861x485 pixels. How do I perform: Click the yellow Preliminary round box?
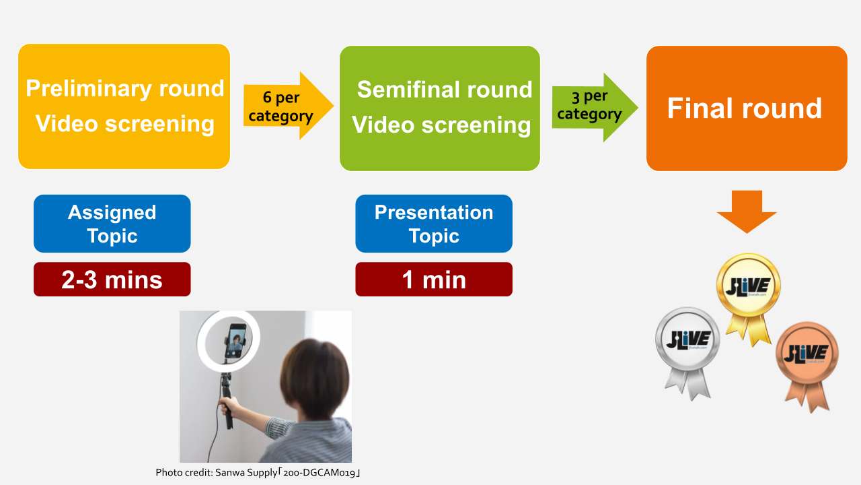(124, 106)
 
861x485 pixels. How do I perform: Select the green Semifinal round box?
(440, 108)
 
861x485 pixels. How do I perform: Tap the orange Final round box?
(747, 108)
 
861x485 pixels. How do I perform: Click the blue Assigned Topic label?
(112, 224)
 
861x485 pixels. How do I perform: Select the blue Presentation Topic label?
(434, 224)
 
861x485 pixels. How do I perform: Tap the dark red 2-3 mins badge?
(112, 280)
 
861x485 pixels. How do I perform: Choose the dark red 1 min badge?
(434, 280)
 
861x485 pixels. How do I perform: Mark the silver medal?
(687, 342)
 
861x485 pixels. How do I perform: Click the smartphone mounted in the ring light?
(235, 342)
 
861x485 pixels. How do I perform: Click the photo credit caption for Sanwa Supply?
(258, 473)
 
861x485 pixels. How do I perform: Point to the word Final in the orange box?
(698, 108)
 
